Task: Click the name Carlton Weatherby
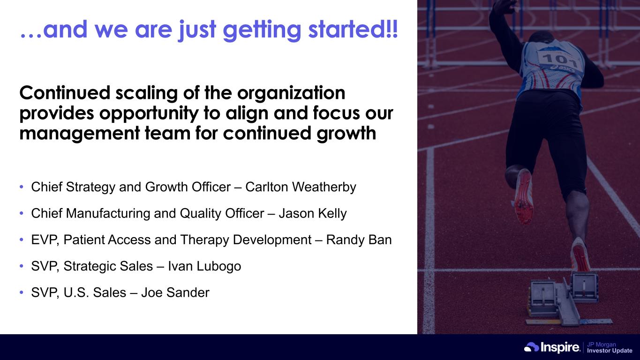pos(301,187)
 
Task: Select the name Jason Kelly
pos(313,213)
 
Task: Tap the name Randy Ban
pos(359,240)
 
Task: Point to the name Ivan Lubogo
pos(204,266)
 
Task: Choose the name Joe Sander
pos(175,292)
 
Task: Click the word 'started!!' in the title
pos(353,29)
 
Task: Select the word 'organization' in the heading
pos(291,93)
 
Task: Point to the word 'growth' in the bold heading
pos(346,134)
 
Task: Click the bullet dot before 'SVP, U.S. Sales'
pos(22,292)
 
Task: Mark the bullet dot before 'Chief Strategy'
pos(22,187)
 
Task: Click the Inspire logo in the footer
pos(552,347)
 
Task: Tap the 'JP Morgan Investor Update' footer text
pos(610,347)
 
